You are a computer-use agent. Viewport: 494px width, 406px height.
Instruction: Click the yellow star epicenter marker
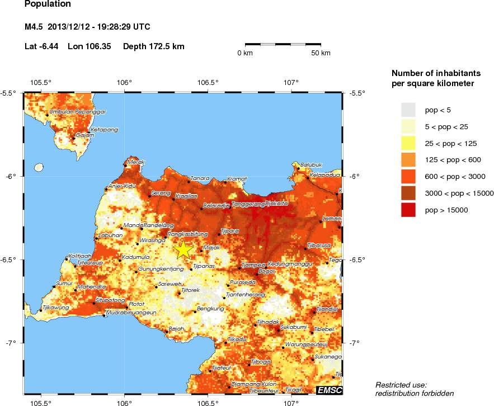pos(183,249)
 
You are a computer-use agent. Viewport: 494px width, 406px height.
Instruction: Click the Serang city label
pos(161,193)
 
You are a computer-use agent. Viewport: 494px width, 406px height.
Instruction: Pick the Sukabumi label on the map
pos(293,326)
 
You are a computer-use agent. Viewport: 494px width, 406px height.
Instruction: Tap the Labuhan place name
pos(110,235)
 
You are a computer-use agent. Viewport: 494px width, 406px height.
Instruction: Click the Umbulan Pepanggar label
pos(78,112)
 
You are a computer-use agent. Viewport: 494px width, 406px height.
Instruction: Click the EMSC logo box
pos(329,390)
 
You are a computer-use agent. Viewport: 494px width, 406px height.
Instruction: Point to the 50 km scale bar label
pos(321,53)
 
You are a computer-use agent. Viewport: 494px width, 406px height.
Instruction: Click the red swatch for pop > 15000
pos(409,210)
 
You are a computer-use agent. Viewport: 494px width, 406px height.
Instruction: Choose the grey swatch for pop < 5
pos(409,109)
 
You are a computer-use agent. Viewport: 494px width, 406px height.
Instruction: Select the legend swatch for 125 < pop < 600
pos(409,159)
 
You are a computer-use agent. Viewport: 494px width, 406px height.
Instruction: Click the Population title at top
pos(48,4)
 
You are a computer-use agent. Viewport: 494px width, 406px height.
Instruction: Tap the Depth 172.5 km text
pos(153,46)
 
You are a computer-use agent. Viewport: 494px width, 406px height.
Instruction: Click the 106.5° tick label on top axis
pos(208,83)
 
